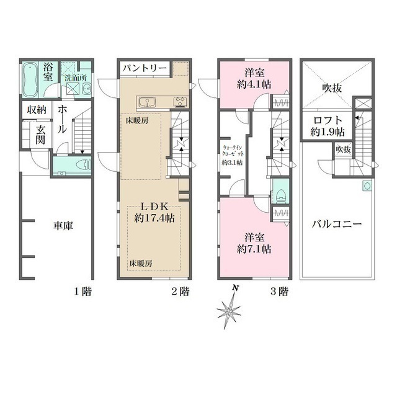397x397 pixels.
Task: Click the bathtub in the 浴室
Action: click(x=30, y=79)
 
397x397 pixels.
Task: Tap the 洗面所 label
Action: click(x=76, y=78)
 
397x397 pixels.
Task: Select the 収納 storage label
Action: click(x=37, y=110)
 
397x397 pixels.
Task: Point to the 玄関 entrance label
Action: click(x=40, y=135)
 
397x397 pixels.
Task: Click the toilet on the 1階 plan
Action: click(x=84, y=164)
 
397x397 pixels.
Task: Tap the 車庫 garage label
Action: click(x=63, y=226)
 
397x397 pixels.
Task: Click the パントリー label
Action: click(x=145, y=68)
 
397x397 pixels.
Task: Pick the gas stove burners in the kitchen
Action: click(x=180, y=102)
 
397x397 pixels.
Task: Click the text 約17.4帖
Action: click(x=154, y=218)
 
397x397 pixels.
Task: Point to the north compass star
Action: click(x=229, y=310)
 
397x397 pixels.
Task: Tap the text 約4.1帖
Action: click(x=254, y=84)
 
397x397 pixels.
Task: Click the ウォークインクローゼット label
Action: click(x=233, y=151)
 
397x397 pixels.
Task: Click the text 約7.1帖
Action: click(x=254, y=249)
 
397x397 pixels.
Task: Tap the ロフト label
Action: click(x=328, y=120)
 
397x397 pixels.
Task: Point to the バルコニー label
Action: click(x=336, y=224)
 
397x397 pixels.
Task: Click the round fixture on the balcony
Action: click(x=367, y=186)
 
